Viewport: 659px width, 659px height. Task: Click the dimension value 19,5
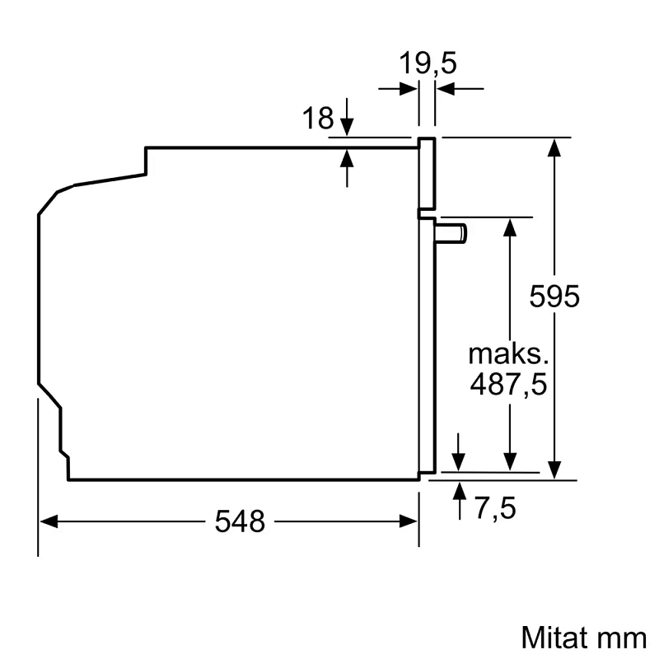pyautogui.click(x=428, y=63)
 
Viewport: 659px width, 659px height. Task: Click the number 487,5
pyautogui.click(x=508, y=385)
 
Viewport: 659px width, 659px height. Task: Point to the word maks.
pyautogui.click(x=508, y=354)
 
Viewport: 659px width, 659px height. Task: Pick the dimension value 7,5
pyautogui.click(x=494, y=509)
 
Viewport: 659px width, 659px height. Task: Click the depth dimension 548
pyautogui.click(x=241, y=521)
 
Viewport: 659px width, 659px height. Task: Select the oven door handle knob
pyautogui.click(x=453, y=233)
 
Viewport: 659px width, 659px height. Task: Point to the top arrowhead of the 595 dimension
pyautogui.click(x=556, y=147)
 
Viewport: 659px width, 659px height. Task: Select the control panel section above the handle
pyautogui.click(x=427, y=173)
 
